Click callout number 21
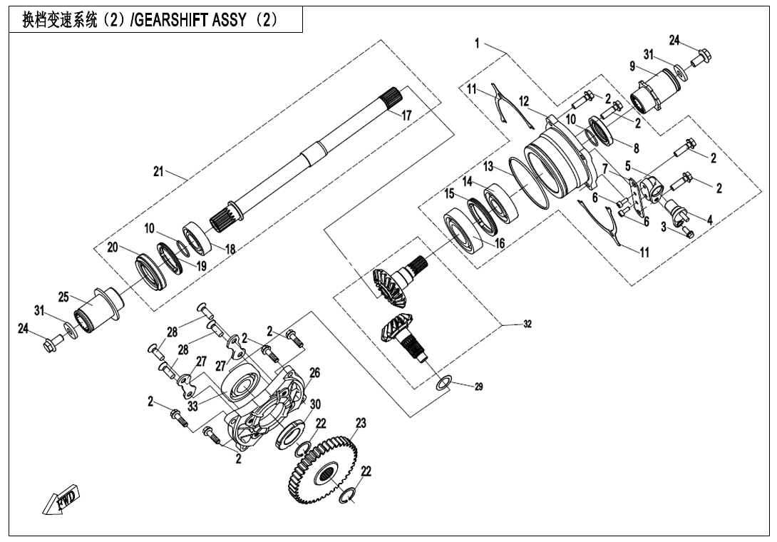point(158,171)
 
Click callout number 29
point(479,387)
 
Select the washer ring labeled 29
point(443,383)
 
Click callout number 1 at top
point(476,44)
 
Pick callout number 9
point(632,66)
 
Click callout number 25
point(63,297)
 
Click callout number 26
point(314,372)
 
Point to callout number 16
point(499,243)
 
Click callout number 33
point(192,405)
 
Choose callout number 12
point(524,101)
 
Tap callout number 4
point(709,220)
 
